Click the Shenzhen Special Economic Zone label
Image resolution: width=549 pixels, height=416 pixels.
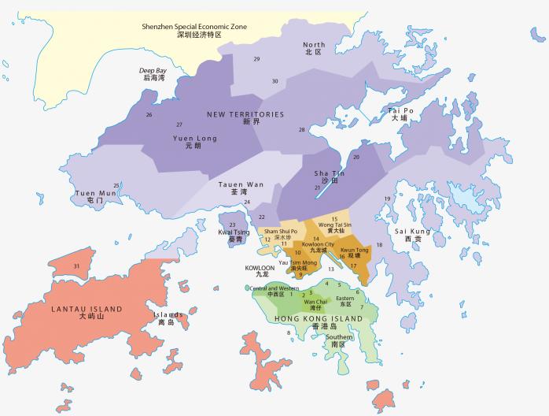tap(193, 31)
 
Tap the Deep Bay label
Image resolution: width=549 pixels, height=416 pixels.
tap(153, 74)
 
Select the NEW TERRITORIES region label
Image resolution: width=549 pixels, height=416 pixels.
tap(245, 118)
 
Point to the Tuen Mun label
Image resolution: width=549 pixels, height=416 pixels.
tap(95, 196)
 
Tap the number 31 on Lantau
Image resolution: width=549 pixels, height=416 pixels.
tap(76, 266)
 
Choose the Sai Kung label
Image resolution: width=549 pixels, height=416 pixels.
tap(418, 235)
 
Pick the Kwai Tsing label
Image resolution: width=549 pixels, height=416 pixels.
tap(234, 236)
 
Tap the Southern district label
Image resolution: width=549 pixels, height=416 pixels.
tap(338, 341)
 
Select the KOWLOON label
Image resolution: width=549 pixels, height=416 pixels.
tap(260, 272)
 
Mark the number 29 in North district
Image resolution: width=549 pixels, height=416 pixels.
tap(256, 59)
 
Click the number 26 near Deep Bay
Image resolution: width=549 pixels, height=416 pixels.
tap(149, 115)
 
